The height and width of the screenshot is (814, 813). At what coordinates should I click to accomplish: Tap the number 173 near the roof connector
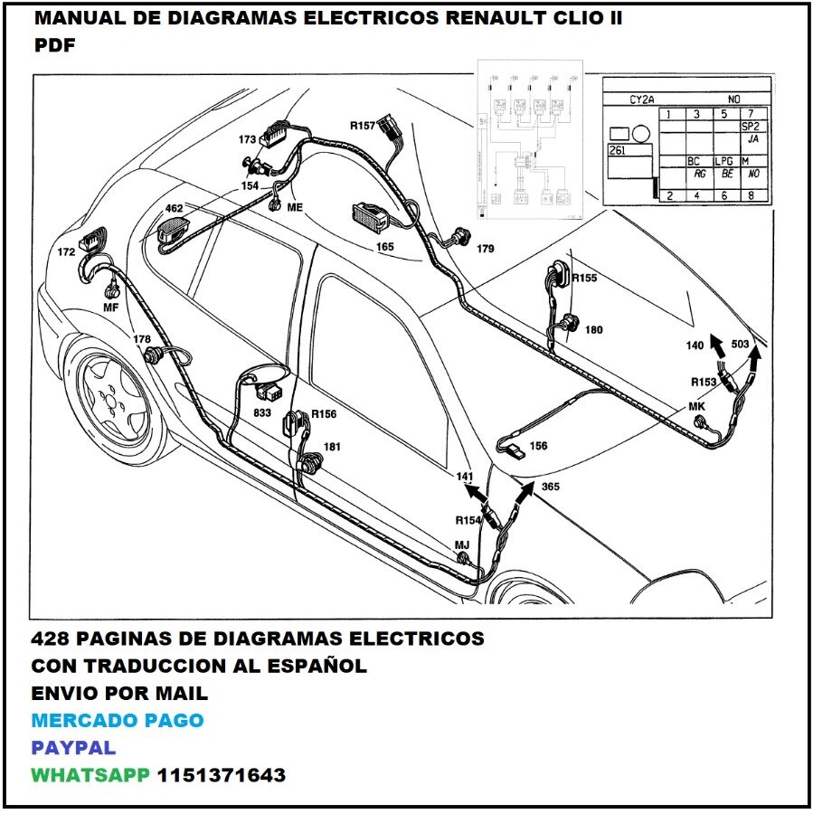coord(247,140)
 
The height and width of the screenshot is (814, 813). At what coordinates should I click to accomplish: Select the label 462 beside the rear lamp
coord(174,208)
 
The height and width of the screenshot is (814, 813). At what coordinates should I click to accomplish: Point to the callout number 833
coord(261,412)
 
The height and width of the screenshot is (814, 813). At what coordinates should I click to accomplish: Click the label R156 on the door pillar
coord(324,414)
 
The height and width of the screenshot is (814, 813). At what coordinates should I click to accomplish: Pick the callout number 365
coord(551,487)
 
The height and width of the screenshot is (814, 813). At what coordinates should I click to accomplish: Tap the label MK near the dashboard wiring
coord(696,407)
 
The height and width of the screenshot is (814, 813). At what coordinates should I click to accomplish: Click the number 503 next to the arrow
coord(740,345)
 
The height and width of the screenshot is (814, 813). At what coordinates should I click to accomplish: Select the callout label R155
coord(584,278)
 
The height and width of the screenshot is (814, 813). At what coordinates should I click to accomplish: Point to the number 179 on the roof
coord(486,248)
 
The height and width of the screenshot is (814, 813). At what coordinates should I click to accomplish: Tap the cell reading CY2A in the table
coord(642,99)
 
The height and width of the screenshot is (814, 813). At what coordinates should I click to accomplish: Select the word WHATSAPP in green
coord(90,775)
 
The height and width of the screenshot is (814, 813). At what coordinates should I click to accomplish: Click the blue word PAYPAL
coord(73,748)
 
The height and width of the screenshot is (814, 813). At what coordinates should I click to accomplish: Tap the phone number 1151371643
coord(222,775)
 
